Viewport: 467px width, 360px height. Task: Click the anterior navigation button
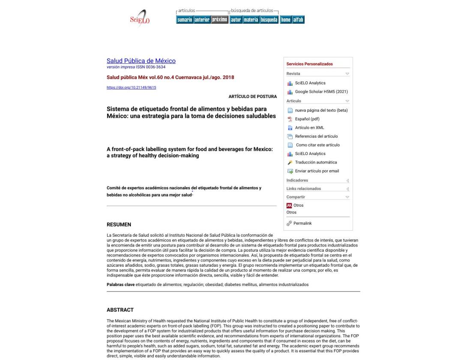click(x=202, y=20)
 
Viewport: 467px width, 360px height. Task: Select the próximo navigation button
click(x=219, y=20)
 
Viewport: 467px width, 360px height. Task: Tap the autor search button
click(x=236, y=20)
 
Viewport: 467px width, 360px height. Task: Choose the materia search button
click(x=251, y=20)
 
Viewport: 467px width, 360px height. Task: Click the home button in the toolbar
click(x=285, y=20)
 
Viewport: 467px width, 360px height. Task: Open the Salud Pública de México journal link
click(x=141, y=61)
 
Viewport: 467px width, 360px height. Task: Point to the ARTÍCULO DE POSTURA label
click(x=252, y=97)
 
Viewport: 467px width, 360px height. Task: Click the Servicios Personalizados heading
click(x=309, y=64)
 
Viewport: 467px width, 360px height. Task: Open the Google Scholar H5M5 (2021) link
click(x=321, y=92)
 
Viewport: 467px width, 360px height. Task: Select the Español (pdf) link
click(x=307, y=119)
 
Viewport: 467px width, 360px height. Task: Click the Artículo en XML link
click(x=309, y=128)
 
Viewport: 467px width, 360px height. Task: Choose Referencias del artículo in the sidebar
click(x=316, y=137)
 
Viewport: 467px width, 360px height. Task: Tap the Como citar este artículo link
click(x=317, y=145)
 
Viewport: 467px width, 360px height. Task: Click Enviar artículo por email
click(x=317, y=171)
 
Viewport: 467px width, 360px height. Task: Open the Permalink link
click(x=302, y=223)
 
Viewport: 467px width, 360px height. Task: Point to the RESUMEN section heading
click(x=119, y=225)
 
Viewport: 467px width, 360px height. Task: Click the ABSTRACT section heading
click(x=120, y=310)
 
